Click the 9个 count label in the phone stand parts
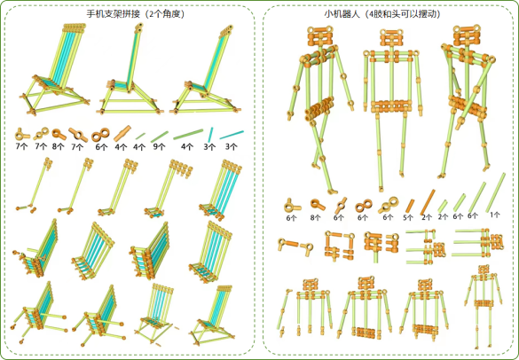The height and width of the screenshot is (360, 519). click(x=159, y=146)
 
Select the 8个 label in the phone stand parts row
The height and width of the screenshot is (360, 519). click(x=58, y=146)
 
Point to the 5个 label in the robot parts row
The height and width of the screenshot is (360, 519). click(x=408, y=217)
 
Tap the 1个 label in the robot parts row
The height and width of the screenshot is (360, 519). click(x=495, y=215)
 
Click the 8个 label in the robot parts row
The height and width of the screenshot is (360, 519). click(x=316, y=217)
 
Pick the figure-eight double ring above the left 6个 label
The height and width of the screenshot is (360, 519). click(x=100, y=135)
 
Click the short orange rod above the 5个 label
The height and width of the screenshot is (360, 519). click(x=410, y=206)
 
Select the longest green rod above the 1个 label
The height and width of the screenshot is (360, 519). click(x=496, y=192)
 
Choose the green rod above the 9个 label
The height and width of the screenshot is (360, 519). click(x=160, y=137)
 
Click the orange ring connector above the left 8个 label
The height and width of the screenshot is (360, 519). click(x=59, y=135)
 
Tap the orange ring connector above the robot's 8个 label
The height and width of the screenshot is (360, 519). click(x=318, y=205)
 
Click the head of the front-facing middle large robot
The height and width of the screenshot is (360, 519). click(x=391, y=37)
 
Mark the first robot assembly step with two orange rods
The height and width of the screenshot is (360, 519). click(x=295, y=247)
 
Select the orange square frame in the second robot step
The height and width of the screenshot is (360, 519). click(x=339, y=246)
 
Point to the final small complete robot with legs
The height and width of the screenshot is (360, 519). click(x=484, y=306)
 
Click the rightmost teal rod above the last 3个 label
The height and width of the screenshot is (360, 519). click(x=232, y=135)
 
